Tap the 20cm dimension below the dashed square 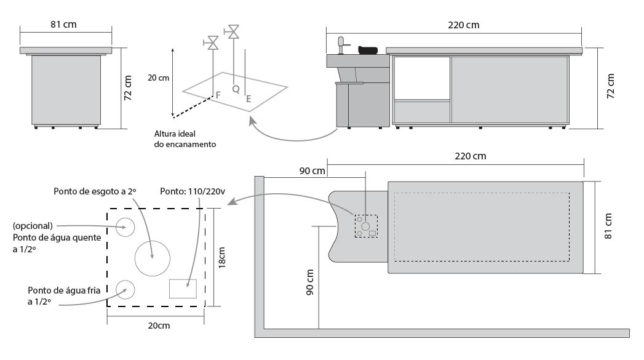[x=159, y=326]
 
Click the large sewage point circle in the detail [x=153, y=258]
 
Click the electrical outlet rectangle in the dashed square [x=183, y=289]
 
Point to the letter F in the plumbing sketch [x=218, y=95]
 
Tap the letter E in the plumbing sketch [x=248, y=98]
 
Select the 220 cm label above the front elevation [x=464, y=25]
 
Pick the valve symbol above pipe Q [x=233, y=31]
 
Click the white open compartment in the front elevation [x=422, y=78]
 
